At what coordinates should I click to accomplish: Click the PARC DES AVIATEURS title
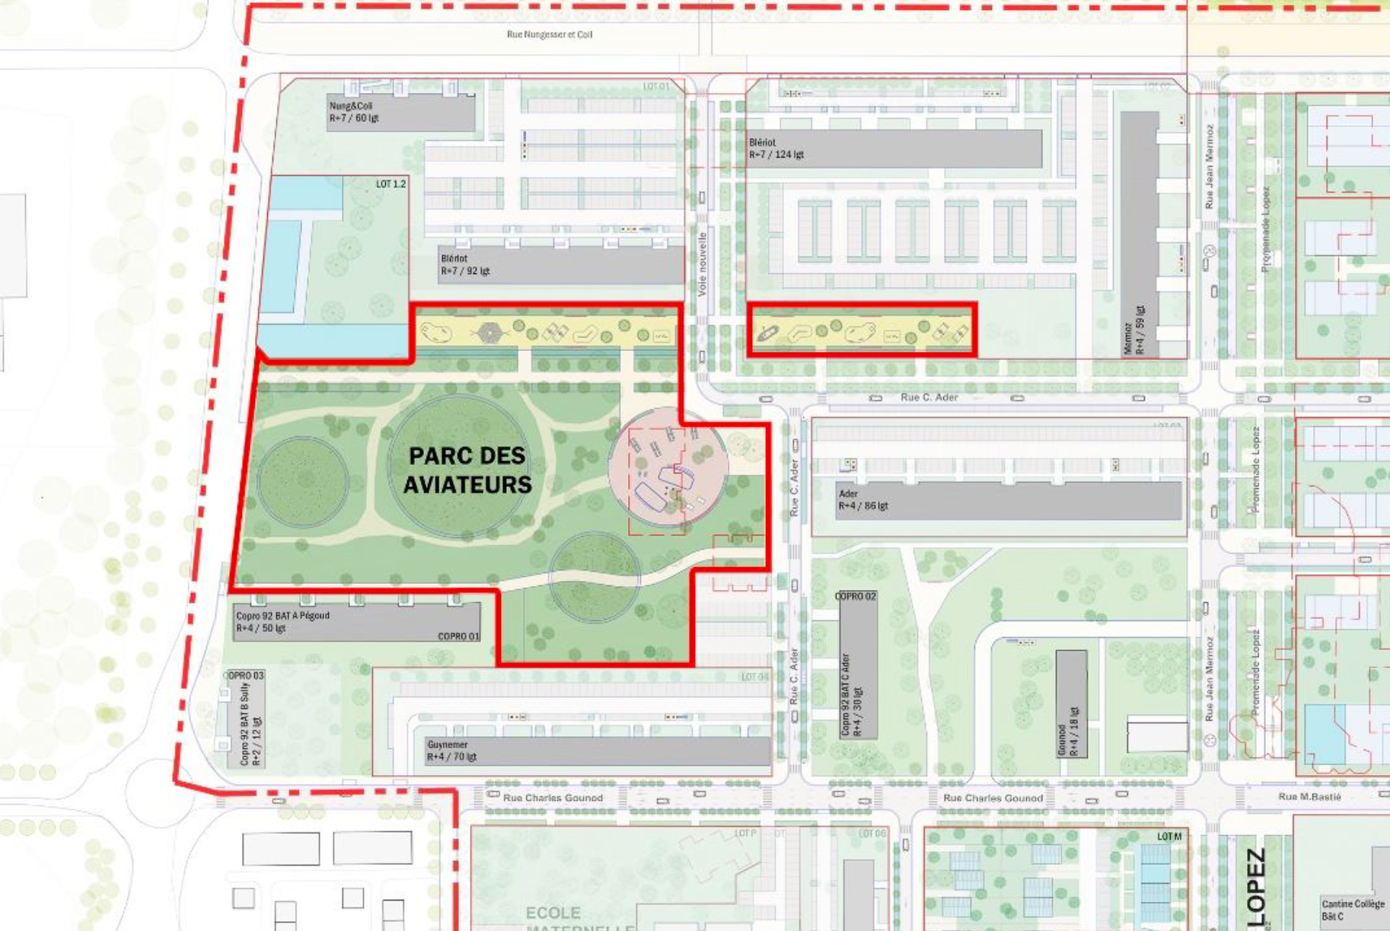467,470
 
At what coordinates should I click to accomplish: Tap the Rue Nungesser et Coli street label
549,34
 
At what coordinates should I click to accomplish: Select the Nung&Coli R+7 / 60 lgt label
354,112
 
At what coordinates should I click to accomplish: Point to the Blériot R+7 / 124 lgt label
776,148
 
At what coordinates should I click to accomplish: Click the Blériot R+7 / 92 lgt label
465,265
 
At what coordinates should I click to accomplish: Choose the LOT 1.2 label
391,184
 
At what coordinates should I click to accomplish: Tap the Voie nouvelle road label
702,263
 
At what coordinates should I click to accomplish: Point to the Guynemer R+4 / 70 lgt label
451,751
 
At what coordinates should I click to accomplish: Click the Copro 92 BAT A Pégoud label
282,622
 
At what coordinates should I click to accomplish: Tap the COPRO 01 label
458,636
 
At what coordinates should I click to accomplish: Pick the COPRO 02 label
856,596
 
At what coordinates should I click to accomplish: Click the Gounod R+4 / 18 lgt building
1070,704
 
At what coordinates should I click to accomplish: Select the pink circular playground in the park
668,467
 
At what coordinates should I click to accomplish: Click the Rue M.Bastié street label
1309,797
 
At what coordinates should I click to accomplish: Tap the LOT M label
1169,837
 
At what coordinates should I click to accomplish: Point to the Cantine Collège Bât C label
1353,910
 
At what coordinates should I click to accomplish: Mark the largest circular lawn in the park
461,466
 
